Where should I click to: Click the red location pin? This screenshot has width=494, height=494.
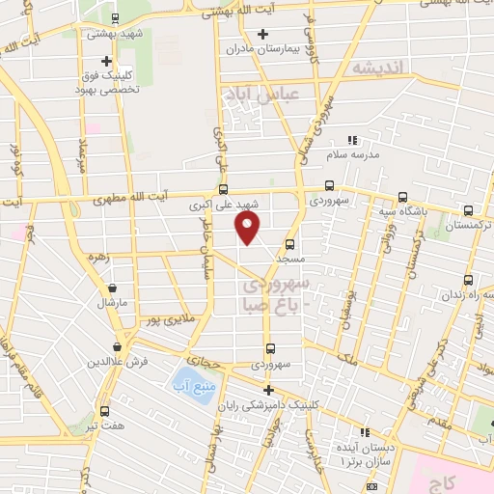(x=248, y=229)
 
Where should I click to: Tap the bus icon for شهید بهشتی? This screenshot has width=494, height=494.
(x=116, y=18)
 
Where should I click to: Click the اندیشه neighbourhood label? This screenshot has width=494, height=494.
(x=382, y=69)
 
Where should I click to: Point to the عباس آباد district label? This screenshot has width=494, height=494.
(x=261, y=95)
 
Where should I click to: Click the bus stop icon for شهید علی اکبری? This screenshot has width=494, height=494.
(x=224, y=189)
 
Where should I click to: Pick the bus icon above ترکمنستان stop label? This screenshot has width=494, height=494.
(x=468, y=209)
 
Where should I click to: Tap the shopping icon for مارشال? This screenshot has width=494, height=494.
(x=113, y=288)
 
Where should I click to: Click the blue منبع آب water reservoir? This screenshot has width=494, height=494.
(x=190, y=378)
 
